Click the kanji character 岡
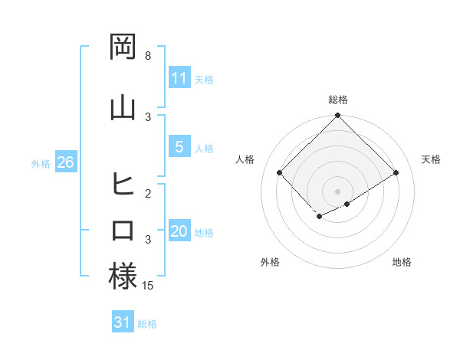pyautogui.click(x=123, y=47)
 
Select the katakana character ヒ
pyautogui.click(x=123, y=184)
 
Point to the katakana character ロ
pyautogui.click(x=123, y=230)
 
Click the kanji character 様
pyautogui.click(x=123, y=276)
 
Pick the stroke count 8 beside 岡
pyautogui.click(x=148, y=56)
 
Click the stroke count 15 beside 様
pyautogui.click(x=149, y=286)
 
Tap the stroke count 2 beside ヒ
pyautogui.click(x=148, y=193)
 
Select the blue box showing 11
pyautogui.click(x=179, y=78)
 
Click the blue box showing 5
pyautogui.click(x=179, y=148)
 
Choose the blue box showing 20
pyautogui.click(x=179, y=232)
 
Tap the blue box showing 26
pyautogui.click(x=65, y=162)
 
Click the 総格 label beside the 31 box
pyautogui.click(x=147, y=324)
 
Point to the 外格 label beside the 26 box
pyautogui.click(x=41, y=164)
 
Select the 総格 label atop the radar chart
pyautogui.click(x=337, y=100)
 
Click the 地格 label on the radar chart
pyautogui.click(x=402, y=262)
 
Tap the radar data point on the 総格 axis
pyautogui.click(x=337, y=116)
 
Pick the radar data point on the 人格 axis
pyautogui.click(x=280, y=172)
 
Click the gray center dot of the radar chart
pyautogui.click(x=337, y=191)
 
